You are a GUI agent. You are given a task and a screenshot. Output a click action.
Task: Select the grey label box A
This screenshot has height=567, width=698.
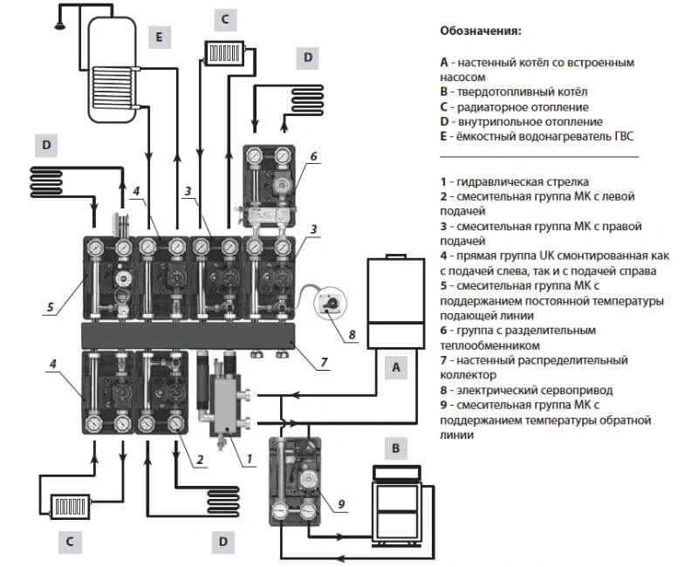coord(398,368)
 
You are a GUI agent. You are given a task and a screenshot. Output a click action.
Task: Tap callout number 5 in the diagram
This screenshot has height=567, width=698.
coord(51,306)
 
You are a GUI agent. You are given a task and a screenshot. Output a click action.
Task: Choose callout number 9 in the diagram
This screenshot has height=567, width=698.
coord(341,502)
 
